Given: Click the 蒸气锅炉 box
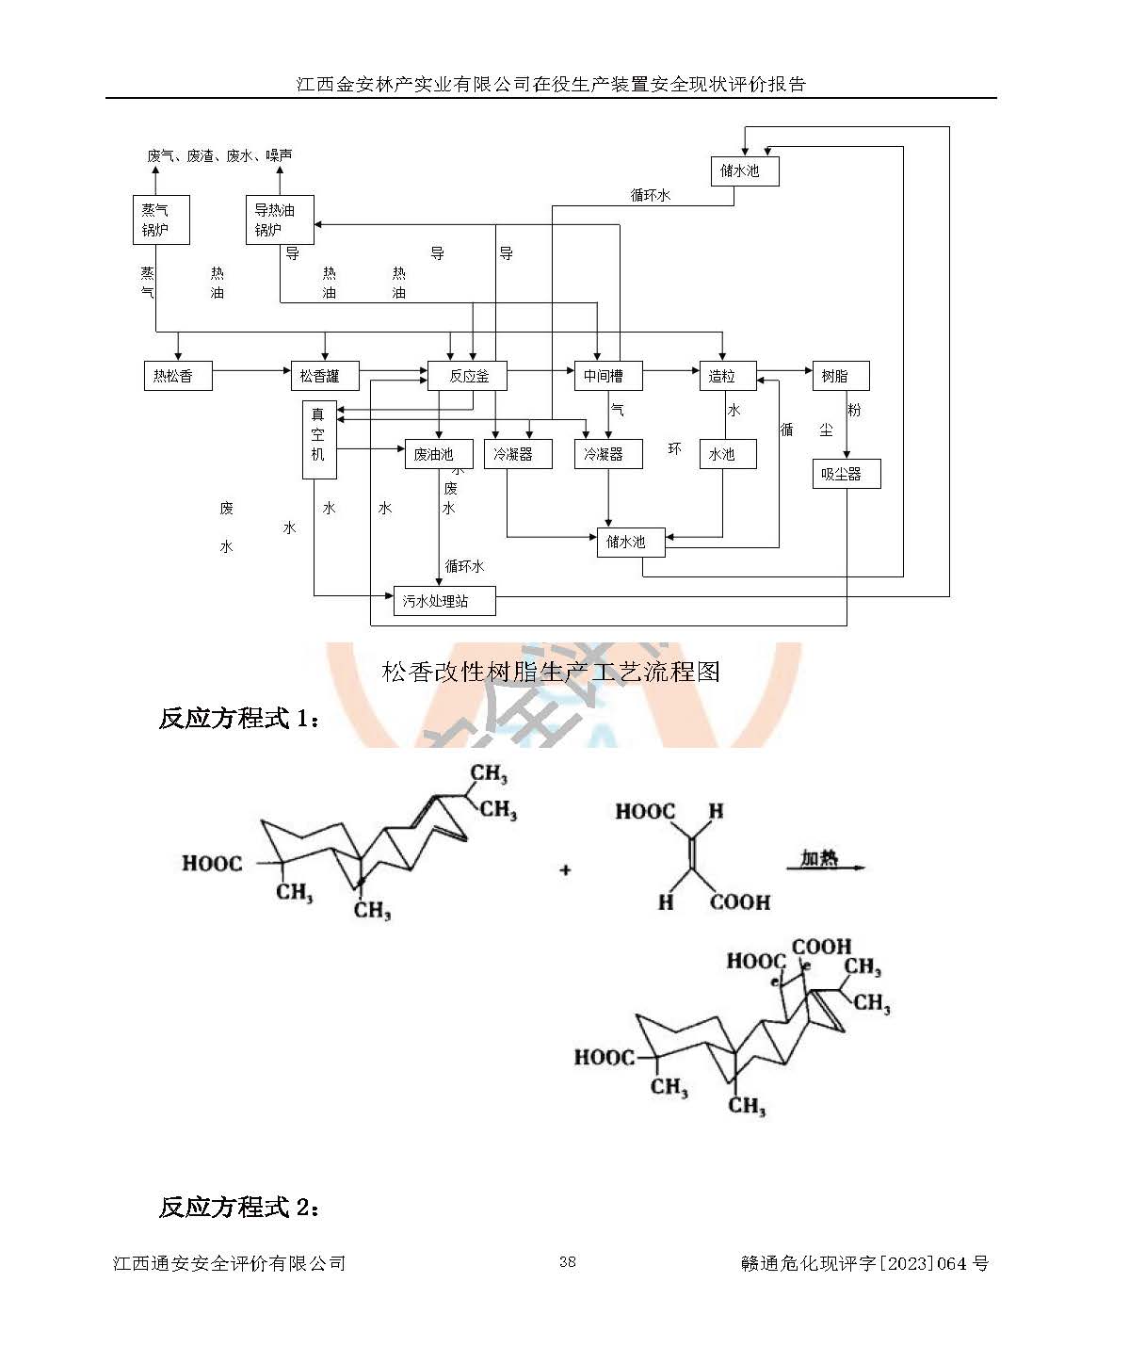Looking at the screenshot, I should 161,219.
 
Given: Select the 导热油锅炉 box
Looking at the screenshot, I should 279,219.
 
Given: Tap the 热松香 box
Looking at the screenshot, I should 178,376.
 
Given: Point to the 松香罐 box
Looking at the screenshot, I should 325,376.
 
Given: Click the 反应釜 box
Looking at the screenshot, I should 468,376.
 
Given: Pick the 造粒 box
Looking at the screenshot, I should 727,376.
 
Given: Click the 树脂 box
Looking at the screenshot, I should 840,376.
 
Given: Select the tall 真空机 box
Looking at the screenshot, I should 319,439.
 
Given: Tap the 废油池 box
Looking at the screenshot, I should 438,454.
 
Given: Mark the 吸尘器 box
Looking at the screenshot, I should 846,474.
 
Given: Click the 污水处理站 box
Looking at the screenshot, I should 444,601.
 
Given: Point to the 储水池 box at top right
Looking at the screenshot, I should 744,170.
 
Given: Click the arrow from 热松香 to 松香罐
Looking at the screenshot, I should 251,371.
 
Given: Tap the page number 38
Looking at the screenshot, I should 567,1262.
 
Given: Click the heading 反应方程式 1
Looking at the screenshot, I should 239,718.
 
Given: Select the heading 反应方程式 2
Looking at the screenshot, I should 239,1207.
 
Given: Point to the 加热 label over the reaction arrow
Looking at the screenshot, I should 819,857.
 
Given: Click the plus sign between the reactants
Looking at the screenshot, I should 565,869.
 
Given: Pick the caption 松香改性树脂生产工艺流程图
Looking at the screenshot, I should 551,672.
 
